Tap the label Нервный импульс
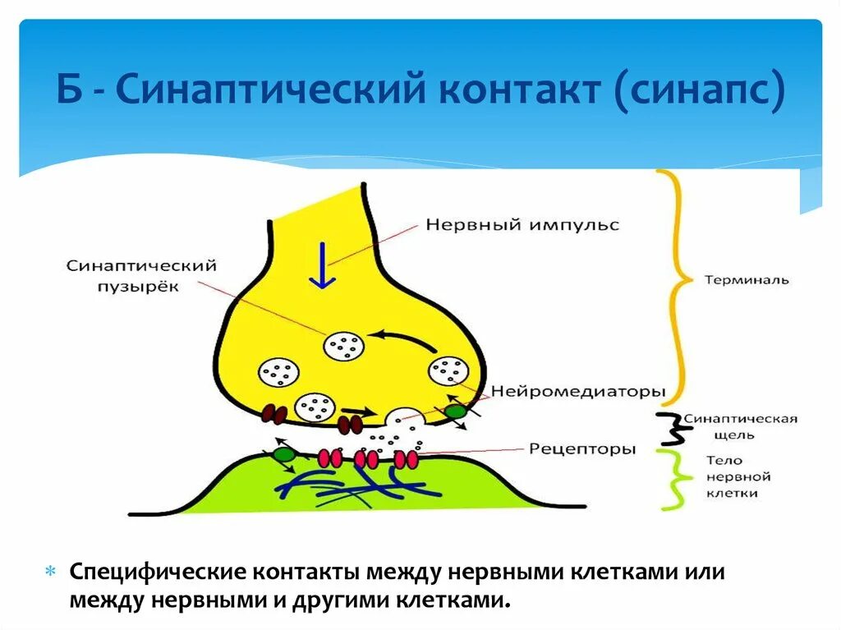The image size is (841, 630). (522, 224)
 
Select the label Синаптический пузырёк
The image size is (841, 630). (141, 274)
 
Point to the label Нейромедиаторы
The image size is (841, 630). (578, 393)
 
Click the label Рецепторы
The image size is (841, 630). (582, 448)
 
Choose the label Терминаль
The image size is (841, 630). (746, 279)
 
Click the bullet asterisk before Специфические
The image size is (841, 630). (50, 571)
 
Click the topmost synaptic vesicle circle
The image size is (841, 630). (343, 346)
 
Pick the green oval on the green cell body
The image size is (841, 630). (284, 453)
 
